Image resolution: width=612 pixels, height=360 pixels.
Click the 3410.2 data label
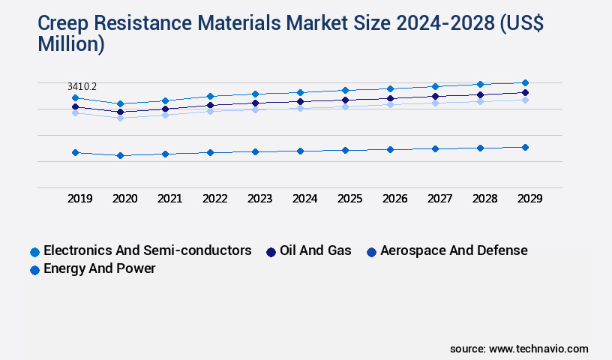point(82,87)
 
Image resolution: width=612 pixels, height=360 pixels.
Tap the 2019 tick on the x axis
point(80,199)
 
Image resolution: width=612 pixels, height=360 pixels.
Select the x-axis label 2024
point(304,199)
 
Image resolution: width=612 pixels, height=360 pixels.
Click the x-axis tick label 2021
point(169,199)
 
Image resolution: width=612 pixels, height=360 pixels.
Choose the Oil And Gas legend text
point(315,250)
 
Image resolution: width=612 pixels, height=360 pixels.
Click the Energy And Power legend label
point(100,268)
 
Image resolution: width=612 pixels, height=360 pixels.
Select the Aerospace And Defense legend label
point(454,250)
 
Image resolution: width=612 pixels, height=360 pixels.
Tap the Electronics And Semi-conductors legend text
point(148,250)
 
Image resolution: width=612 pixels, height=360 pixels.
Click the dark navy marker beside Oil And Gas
point(271,252)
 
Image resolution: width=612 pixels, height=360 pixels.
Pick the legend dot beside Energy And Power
point(34,270)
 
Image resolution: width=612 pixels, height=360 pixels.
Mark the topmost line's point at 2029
point(525,82)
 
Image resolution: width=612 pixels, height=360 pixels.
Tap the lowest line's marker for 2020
point(120,155)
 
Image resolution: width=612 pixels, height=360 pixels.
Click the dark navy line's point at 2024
point(300,101)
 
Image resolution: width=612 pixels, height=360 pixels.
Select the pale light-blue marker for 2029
point(525,100)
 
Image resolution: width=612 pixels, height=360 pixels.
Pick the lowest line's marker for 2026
point(390,149)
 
